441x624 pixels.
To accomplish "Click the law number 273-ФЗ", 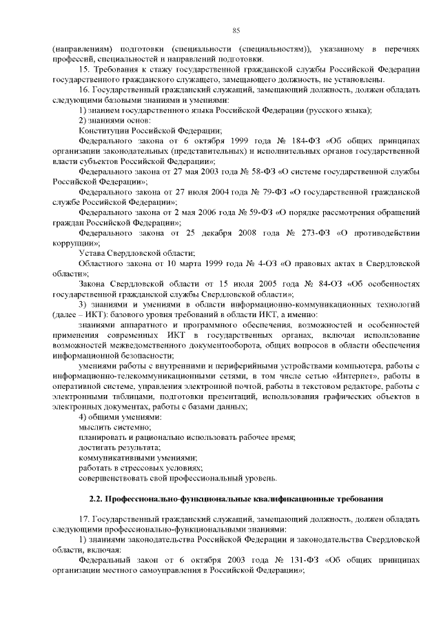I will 290,233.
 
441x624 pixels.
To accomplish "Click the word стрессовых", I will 141,467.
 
